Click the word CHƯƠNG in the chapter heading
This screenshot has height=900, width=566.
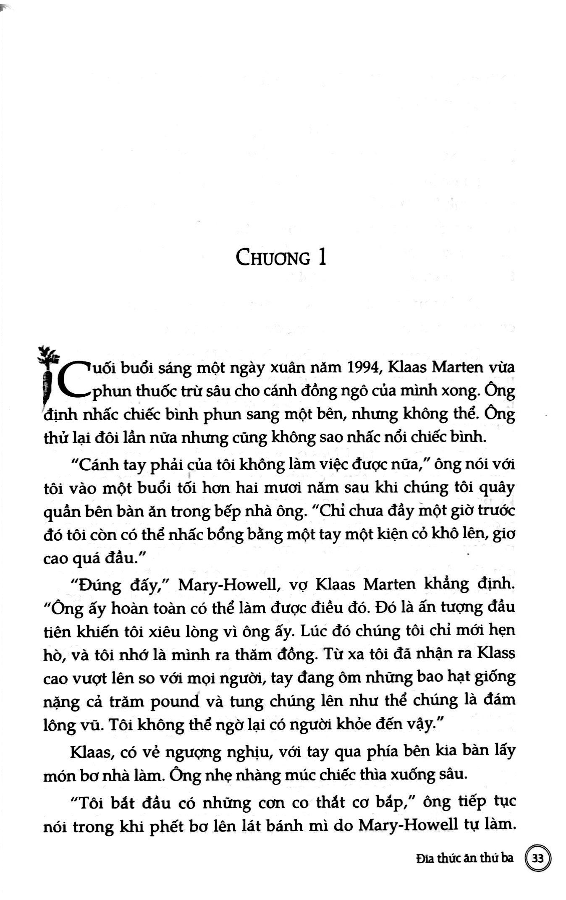click(x=273, y=257)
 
